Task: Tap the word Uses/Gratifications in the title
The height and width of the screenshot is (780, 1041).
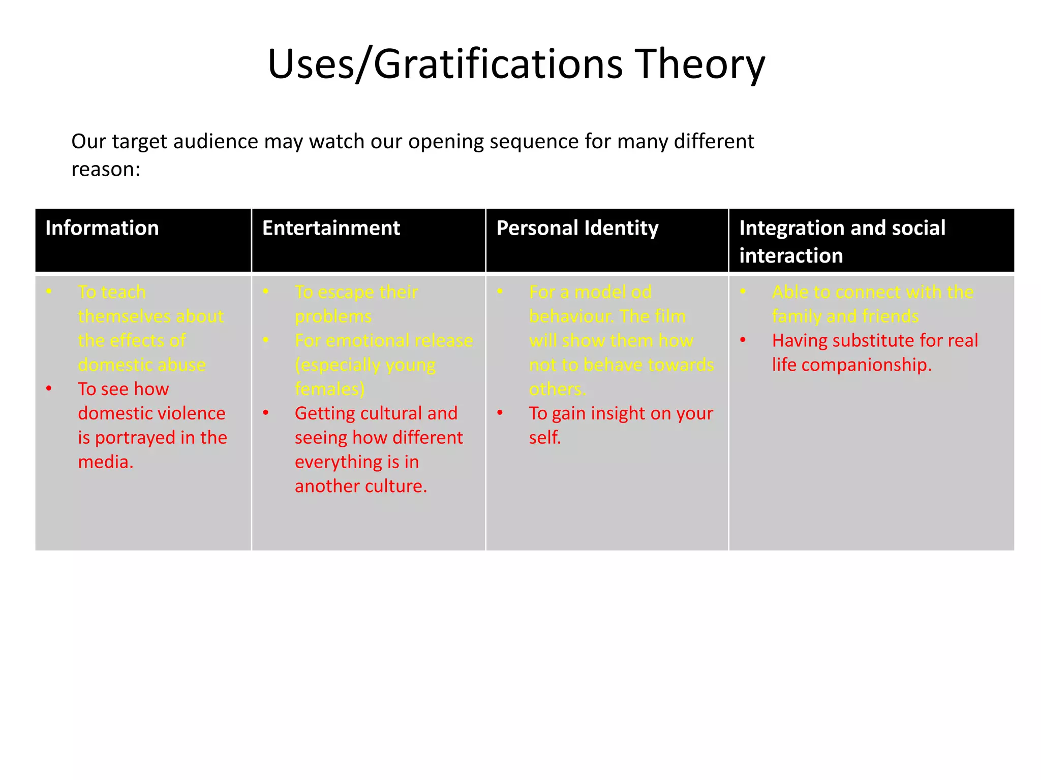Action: tap(445, 64)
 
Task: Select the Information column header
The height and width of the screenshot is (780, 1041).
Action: tap(102, 228)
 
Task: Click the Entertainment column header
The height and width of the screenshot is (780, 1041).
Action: tap(331, 228)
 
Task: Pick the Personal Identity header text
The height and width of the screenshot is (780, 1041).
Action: tap(577, 228)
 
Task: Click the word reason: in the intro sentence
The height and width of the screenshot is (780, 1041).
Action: tap(106, 169)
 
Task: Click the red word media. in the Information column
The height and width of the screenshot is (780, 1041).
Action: tap(106, 462)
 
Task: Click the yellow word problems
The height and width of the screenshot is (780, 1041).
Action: tap(333, 316)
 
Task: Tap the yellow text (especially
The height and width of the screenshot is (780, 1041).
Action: tap(332, 365)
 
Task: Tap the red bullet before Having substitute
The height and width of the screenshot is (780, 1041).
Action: tap(743, 340)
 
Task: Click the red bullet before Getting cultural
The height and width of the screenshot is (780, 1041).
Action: tap(266, 412)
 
